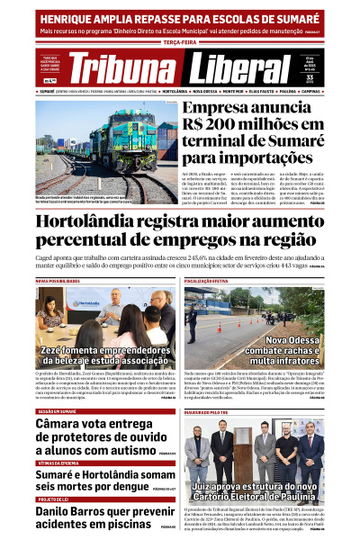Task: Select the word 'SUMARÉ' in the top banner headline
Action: (x=290, y=17)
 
